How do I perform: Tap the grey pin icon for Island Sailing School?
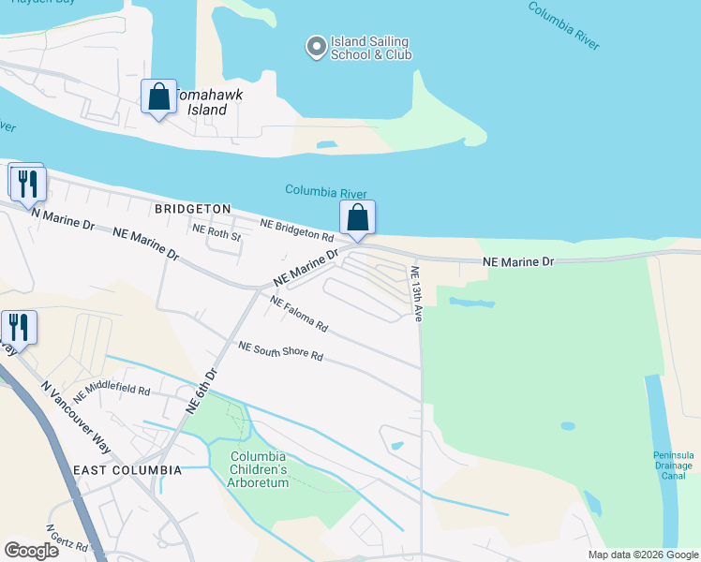(315, 44)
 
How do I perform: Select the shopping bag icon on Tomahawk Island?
(158, 96)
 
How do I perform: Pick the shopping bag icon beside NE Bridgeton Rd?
(357, 218)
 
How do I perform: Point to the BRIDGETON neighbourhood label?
(192, 208)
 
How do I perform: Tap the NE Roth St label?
(216, 232)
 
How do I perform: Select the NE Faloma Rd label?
(299, 314)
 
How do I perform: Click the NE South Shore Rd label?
(280, 351)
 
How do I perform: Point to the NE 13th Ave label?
(415, 293)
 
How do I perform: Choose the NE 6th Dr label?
(201, 391)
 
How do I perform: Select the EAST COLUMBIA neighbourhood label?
(127, 469)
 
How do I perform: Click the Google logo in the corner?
(31, 551)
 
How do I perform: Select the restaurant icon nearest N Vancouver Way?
(19, 327)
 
